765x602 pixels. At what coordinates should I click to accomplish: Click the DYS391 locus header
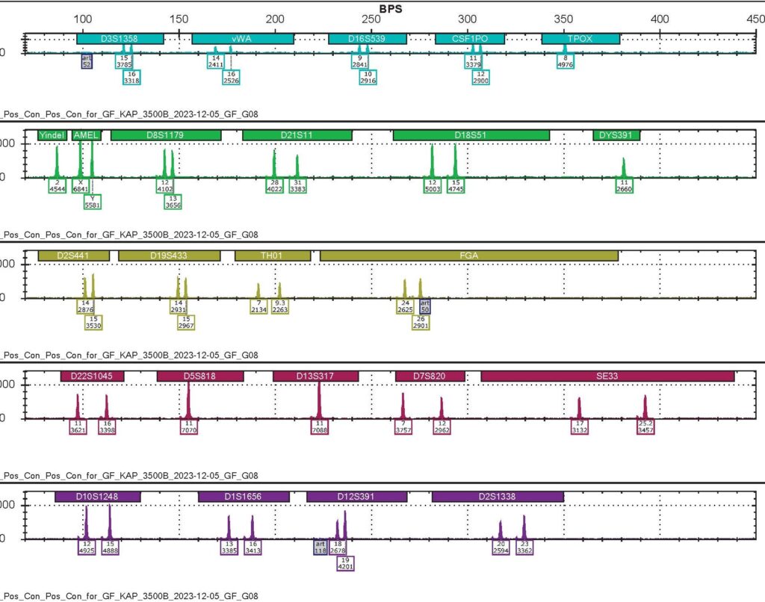(616, 134)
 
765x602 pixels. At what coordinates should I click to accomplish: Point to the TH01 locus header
(273, 255)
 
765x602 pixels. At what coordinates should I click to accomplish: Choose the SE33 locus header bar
(607, 376)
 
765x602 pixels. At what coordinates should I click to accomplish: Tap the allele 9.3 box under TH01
(280, 306)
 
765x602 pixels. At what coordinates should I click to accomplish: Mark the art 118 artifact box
(320, 547)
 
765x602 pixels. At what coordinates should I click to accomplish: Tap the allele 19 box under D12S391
(345, 562)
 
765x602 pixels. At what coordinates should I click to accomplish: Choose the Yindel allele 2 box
(57, 186)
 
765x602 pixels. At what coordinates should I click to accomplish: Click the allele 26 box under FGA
(421, 322)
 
